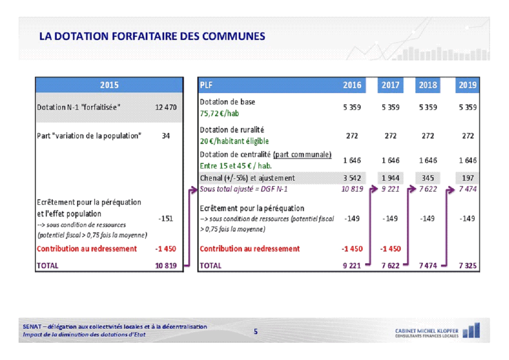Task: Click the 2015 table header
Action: pyautogui.click(x=109, y=85)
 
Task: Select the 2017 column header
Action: pyautogui.click(x=390, y=85)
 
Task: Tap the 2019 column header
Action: pyautogui.click(x=467, y=85)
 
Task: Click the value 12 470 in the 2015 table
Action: pyautogui.click(x=166, y=108)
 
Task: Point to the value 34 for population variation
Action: pyautogui.click(x=166, y=136)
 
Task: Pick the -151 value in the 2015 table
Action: pyautogui.click(x=166, y=218)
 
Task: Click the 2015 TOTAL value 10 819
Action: pyautogui.click(x=166, y=266)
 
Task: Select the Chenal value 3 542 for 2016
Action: pyautogui.click(x=352, y=178)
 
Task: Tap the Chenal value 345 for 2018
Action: pyautogui.click(x=428, y=178)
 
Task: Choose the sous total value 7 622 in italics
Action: pyautogui.click(x=428, y=189)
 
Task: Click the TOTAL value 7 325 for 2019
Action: pyautogui.click(x=467, y=266)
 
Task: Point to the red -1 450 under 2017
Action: pyautogui.click(x=390, y=248)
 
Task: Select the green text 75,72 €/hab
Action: pyautogui.click(x=219, y=113)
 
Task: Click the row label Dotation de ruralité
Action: pyautogui.click(x=232, y=130)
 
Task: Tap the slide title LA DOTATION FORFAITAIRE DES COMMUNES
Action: pyautogui.click(x=152, y=36)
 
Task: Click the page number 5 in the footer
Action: pyautogui.click(x=255, y=331)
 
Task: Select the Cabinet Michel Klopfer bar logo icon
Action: pyautogui.click(x=471, y=330)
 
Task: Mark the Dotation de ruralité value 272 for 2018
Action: pyautogui.click(x=428, y=136)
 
